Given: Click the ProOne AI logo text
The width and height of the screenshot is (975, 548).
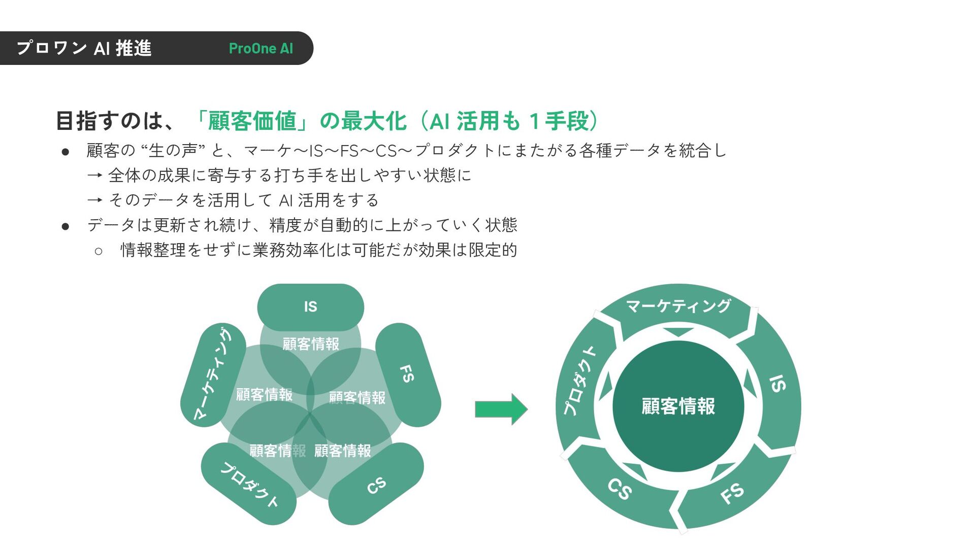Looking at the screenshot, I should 261,49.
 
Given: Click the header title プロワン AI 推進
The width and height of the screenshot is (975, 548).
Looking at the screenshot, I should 84,49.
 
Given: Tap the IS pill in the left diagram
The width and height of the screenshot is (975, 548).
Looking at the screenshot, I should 310,306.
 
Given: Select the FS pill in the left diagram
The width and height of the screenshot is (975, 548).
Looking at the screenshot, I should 407,374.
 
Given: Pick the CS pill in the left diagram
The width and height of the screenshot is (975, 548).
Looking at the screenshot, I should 376,485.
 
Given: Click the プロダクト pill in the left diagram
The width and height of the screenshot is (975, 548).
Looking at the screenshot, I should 249,484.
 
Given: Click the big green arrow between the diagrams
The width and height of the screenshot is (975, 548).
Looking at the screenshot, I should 501,409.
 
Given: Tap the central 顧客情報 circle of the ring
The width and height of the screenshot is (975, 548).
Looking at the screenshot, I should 678,406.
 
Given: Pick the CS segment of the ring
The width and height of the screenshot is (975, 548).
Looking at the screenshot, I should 620,489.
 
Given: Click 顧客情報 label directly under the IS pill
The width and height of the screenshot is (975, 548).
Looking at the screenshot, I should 310,344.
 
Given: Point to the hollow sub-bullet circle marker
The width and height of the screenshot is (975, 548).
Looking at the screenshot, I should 99,251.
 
